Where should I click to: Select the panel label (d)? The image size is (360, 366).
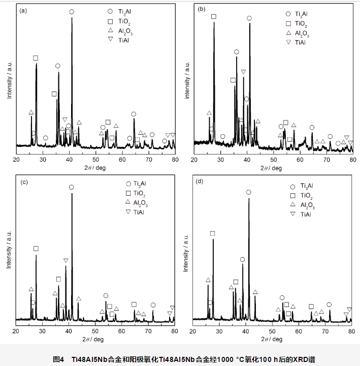click(200, 181)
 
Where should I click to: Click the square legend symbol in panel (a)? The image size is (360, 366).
click(110, 21)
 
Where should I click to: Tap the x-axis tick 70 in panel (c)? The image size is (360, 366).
click(148, 331)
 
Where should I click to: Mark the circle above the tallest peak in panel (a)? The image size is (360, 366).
click(72, 11)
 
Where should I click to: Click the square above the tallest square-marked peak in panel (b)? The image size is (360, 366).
click(213, 17)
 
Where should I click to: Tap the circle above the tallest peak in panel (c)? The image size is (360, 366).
click(71, 187)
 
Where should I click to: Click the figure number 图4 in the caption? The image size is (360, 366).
click(59, 359)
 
